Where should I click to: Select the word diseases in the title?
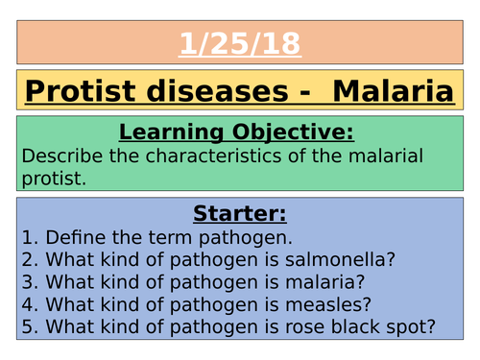click(x=219, y=92)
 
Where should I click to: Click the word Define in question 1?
click(x=69, y=238)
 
